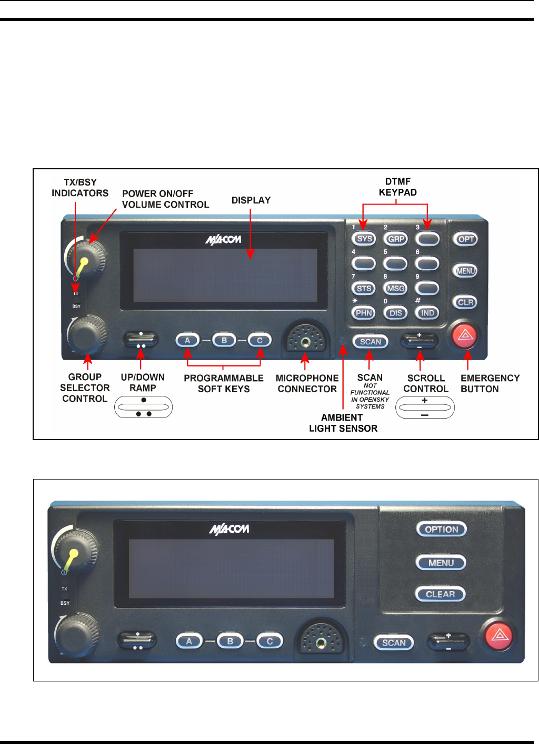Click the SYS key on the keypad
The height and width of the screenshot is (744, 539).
point(364,239)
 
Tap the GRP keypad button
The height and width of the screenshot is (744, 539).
point(396,239)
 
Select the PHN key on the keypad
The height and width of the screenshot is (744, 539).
point(364,313)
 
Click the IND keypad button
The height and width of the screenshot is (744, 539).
point(427,313)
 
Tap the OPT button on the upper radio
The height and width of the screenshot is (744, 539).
point(466,239)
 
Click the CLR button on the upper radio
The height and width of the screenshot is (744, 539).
point(465,302)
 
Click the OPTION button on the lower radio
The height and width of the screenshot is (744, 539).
point(441,529)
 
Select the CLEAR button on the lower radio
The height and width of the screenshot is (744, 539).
point(441,594)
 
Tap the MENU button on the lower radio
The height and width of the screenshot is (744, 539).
point(441,563)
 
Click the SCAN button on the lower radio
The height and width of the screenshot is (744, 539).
point(394,643)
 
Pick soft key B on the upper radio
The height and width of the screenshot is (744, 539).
point(224,340)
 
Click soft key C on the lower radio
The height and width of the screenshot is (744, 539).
point(269,641)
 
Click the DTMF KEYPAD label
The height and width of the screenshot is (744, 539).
point(398,187)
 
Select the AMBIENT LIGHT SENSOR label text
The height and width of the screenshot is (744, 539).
point(343,423)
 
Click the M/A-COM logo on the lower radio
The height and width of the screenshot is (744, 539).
point(229,529)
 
